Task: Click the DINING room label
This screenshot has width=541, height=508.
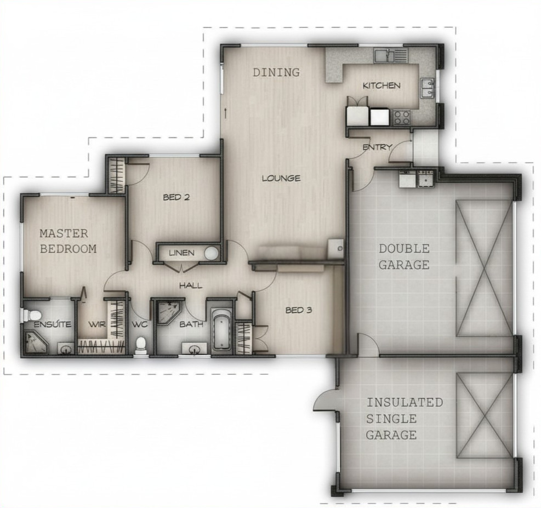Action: (x=276, y=72)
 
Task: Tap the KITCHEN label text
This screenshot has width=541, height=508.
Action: (x=381, y=85)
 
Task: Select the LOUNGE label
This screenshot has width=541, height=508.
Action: (x=281, y=178)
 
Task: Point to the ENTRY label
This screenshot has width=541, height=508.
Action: (x=377, y=147)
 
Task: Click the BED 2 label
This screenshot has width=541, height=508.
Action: (x=176, y=197)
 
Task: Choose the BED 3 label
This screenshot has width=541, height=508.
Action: (x=299, y=310)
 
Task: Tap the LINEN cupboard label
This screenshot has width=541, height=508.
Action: (x=182, y=253)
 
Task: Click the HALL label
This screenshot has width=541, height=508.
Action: (x=191, y=286)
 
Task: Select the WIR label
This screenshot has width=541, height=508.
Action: (x=97, y=324)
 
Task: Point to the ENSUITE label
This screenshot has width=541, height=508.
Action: (x=53, y=324)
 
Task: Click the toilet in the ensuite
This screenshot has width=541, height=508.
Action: (x=32, y=315)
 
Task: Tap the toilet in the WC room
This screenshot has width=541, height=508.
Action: (x=140, y=345)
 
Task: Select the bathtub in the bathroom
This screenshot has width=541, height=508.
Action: (x=221, y=329)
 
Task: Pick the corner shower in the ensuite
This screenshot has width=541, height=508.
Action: (x=36, y=343)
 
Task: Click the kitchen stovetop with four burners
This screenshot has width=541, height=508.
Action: (x=402, y=117)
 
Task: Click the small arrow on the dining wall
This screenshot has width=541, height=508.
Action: (x=226, y=113)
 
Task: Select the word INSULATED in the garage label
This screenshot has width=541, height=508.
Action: (x=405, y=402)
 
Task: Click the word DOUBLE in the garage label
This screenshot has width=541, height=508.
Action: (x=404, y=249)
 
